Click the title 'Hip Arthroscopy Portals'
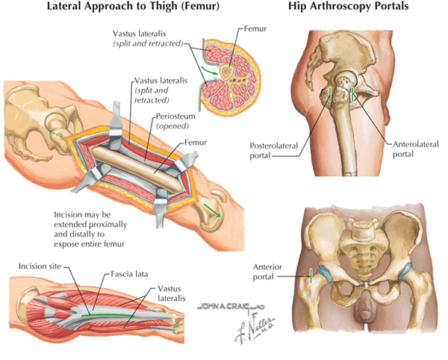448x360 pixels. tap(348, 6)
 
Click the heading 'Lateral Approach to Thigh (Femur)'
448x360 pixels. tap(133, 7)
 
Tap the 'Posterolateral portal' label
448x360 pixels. tap(274, 151)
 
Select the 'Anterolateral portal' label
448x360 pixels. tap(415, 149)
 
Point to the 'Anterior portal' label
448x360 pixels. tap(267, 272)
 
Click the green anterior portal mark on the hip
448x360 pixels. tap(311, 276)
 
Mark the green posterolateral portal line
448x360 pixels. tap(330, 95)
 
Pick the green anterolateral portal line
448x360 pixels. tap(353, 94)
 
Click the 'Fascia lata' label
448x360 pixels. tap(129, 274)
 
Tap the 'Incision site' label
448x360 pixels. tap(40, 267)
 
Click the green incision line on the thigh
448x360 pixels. tap(108, 315)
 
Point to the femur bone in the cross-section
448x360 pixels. tap(227, 72)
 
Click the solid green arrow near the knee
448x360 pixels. tap(212, 211)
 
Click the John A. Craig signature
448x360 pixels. tap(231, 307)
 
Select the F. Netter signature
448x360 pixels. tap(255, 328)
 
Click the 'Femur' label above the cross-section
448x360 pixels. tap(255, 28)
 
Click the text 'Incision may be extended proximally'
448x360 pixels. tap(90, 220)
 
